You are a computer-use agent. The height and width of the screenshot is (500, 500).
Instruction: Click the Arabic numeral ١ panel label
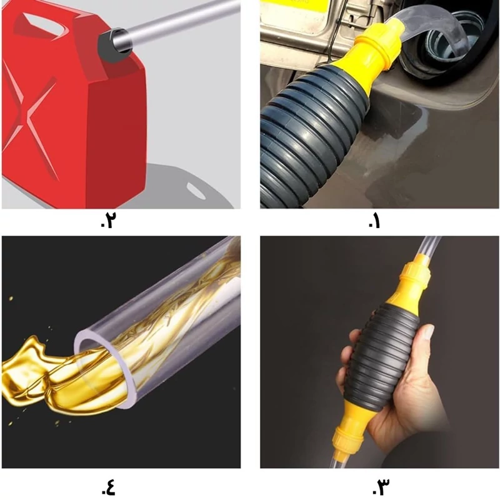point(374,221)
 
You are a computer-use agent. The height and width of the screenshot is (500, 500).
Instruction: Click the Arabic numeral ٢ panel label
point(107,221)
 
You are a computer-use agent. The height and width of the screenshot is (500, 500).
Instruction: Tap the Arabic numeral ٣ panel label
point(381,487)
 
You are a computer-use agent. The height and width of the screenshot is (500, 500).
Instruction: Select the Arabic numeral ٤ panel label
point(108,487)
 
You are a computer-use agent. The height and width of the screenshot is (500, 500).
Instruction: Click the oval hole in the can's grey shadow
point(196,191)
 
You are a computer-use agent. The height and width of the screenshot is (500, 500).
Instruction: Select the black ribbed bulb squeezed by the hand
point(382,357)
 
